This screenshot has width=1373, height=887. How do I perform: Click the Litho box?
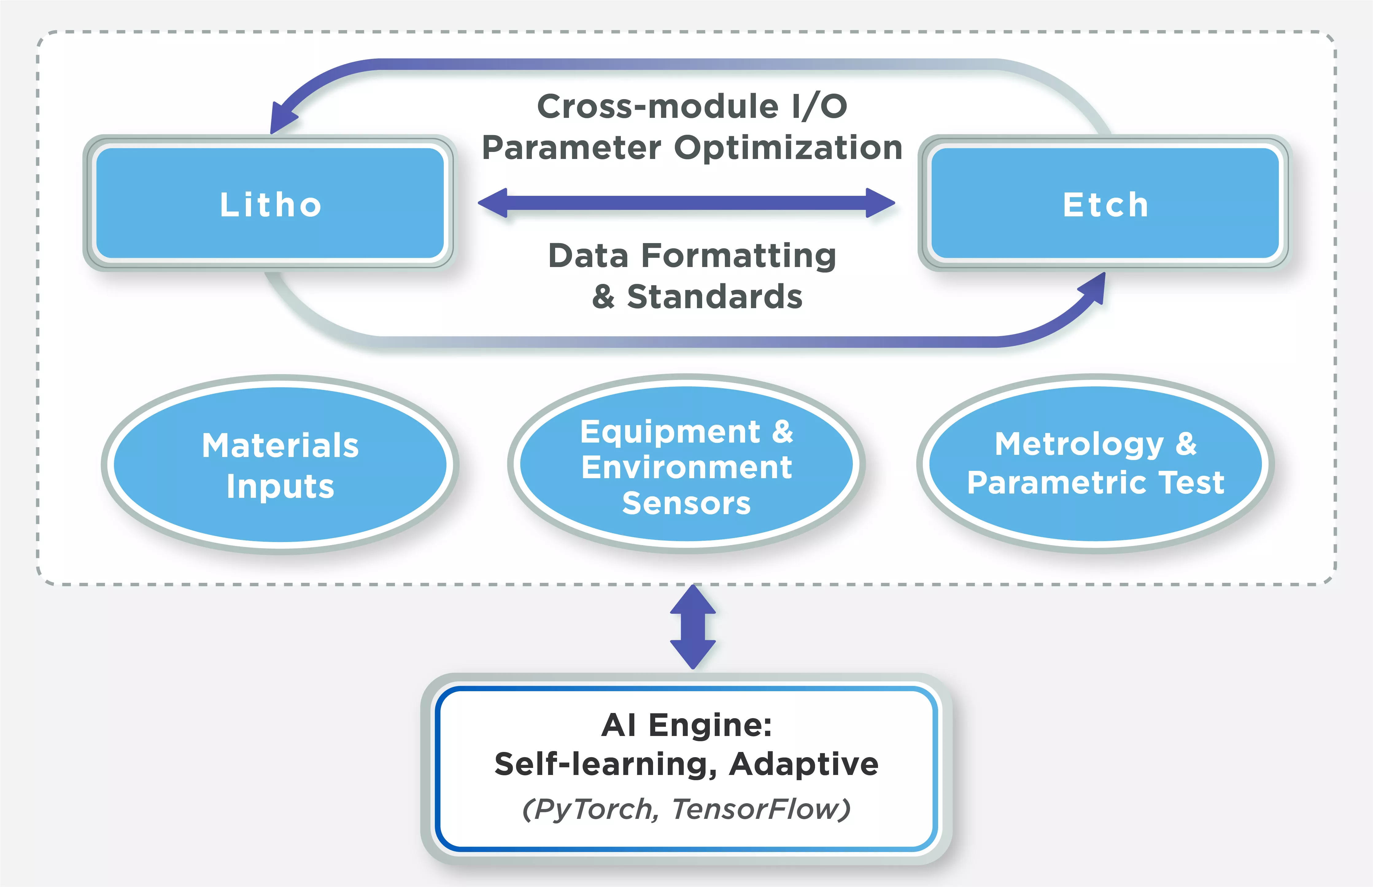269,203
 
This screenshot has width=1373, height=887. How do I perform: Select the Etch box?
1104,203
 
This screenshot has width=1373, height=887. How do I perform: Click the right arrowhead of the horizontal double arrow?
880,203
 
